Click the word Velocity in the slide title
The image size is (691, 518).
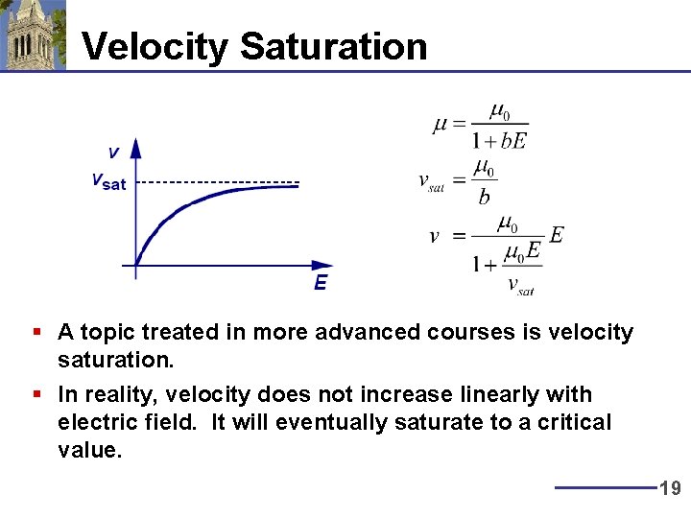(x=155, y=46)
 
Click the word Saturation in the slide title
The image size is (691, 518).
(x=333, y=46)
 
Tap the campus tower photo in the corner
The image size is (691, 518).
(x=34, y=35)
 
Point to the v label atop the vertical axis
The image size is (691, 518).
(x=113, y=153)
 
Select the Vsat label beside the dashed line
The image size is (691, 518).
(x=107, y=181)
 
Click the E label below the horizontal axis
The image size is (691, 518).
(x=320, y=283)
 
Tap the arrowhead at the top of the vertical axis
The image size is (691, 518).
(x=135, y=147)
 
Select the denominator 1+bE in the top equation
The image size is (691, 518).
(x=499, y=141)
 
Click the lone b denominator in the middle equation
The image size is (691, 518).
(x=484, y=198)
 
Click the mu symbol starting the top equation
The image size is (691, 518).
(x=440, y=125)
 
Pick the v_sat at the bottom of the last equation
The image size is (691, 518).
(x=519, y=285)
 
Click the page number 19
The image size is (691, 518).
(x=670, y=488)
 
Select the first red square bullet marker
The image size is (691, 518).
(x=36, y=332)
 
